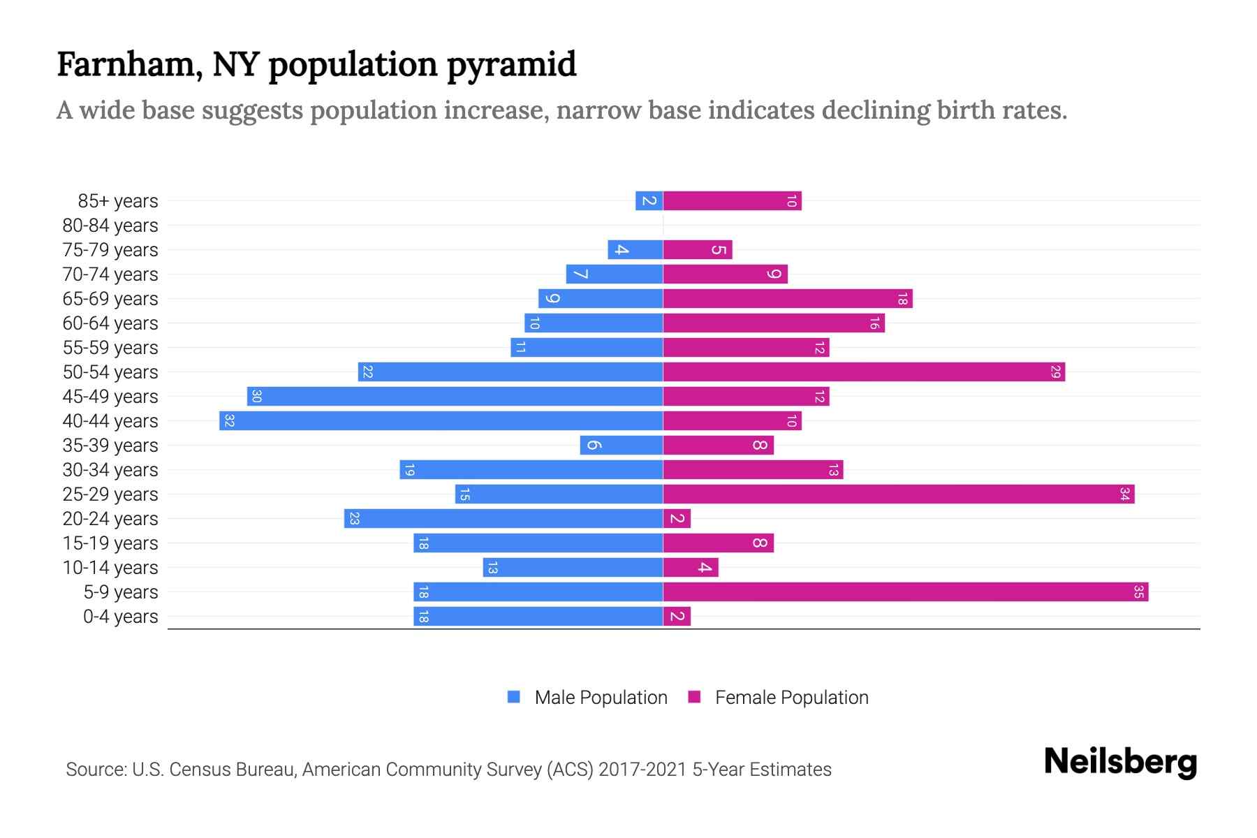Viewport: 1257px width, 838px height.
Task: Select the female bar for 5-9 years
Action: click(x=905, y=591)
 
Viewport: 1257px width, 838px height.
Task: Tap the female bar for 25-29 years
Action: click(x=898, y=494)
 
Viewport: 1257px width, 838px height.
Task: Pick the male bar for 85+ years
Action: click(x=649, y=200)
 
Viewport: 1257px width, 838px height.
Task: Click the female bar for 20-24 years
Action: click(x=677, y=518)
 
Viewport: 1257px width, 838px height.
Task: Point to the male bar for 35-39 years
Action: click(x=621, y=445)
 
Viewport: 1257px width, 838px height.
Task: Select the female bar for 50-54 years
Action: click(x=863, y=372)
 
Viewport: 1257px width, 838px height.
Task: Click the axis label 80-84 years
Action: click(x=110, y=226)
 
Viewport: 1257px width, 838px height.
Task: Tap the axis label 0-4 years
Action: click(x=120, y=617)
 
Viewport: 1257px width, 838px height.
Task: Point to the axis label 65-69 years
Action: click(x=110, y=299)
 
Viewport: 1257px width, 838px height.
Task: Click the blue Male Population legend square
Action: click(x=514, y=697)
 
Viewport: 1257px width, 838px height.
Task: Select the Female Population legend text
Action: click(x=791, y=697)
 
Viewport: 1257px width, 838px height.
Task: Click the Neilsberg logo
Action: click(x=1120, y=762)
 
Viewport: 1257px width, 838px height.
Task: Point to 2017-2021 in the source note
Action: click(x=642, y=769)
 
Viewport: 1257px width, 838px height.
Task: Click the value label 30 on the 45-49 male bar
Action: click(x=256, y=396)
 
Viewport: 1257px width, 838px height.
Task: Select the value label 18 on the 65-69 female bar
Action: click(x=902, y=299)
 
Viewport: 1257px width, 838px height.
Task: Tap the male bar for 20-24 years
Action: click(x=503, y=518)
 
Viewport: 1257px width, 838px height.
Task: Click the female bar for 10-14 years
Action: click(x=690, y=567)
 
